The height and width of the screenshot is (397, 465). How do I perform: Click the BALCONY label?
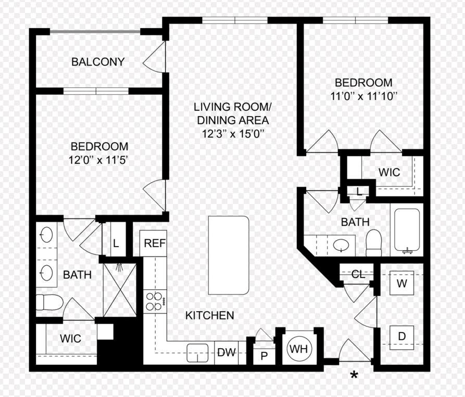coord(98,62)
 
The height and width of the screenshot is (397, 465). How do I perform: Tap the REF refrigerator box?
coord(153,243)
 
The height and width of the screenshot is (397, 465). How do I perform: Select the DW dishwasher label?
coord(227,352)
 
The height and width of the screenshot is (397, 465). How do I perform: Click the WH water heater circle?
coord(298,349)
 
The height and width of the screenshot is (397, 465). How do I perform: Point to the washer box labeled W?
coord(401,283)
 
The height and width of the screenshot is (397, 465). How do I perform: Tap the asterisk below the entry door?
coord(354,375)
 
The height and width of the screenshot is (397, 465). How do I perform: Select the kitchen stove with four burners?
coord(155,301)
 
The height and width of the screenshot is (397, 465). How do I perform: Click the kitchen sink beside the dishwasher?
coord(197,353)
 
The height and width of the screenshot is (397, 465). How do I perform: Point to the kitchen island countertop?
coord(229,255)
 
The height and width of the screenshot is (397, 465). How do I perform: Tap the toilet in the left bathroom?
coord(49,302)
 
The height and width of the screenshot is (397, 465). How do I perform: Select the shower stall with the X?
coord(120,290)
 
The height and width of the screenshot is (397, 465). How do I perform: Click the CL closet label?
coord(358,275)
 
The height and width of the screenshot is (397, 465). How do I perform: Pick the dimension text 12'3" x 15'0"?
coord(233,134)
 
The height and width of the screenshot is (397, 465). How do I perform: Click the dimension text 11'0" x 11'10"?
coord(363,96)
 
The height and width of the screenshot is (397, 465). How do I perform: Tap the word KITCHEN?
coord(210,315)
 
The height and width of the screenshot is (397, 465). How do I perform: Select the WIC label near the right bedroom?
coord(389,172)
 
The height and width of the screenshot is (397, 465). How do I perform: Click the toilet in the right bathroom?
coord(374,242)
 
